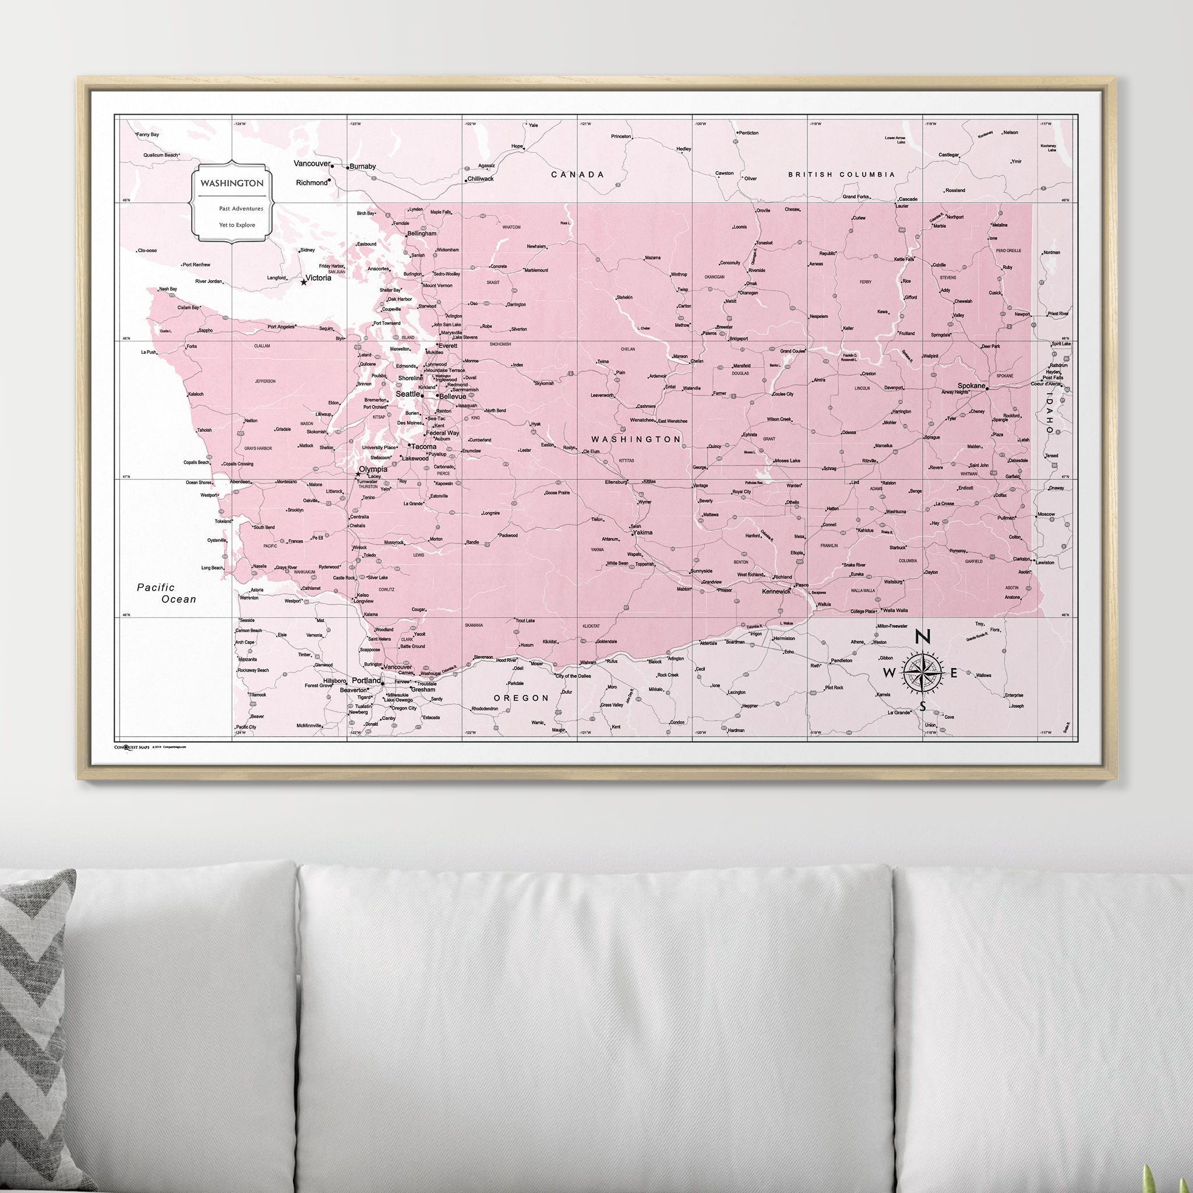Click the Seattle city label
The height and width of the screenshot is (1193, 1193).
(408, 394)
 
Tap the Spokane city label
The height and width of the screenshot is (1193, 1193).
(970, 385)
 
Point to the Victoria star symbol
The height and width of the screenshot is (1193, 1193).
(303, 282)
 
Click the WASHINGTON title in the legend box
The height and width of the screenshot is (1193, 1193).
(232, 183)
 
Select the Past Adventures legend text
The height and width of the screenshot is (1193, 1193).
(241, 209)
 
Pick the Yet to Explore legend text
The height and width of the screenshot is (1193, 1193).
(237, 225)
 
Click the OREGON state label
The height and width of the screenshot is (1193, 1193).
(521, 698)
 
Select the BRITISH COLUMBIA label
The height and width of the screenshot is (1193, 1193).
(841, 175)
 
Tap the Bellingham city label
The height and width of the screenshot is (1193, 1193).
(421, 234)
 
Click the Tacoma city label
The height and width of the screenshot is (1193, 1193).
(424, 446)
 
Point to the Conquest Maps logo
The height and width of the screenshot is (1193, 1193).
(132, 747)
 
